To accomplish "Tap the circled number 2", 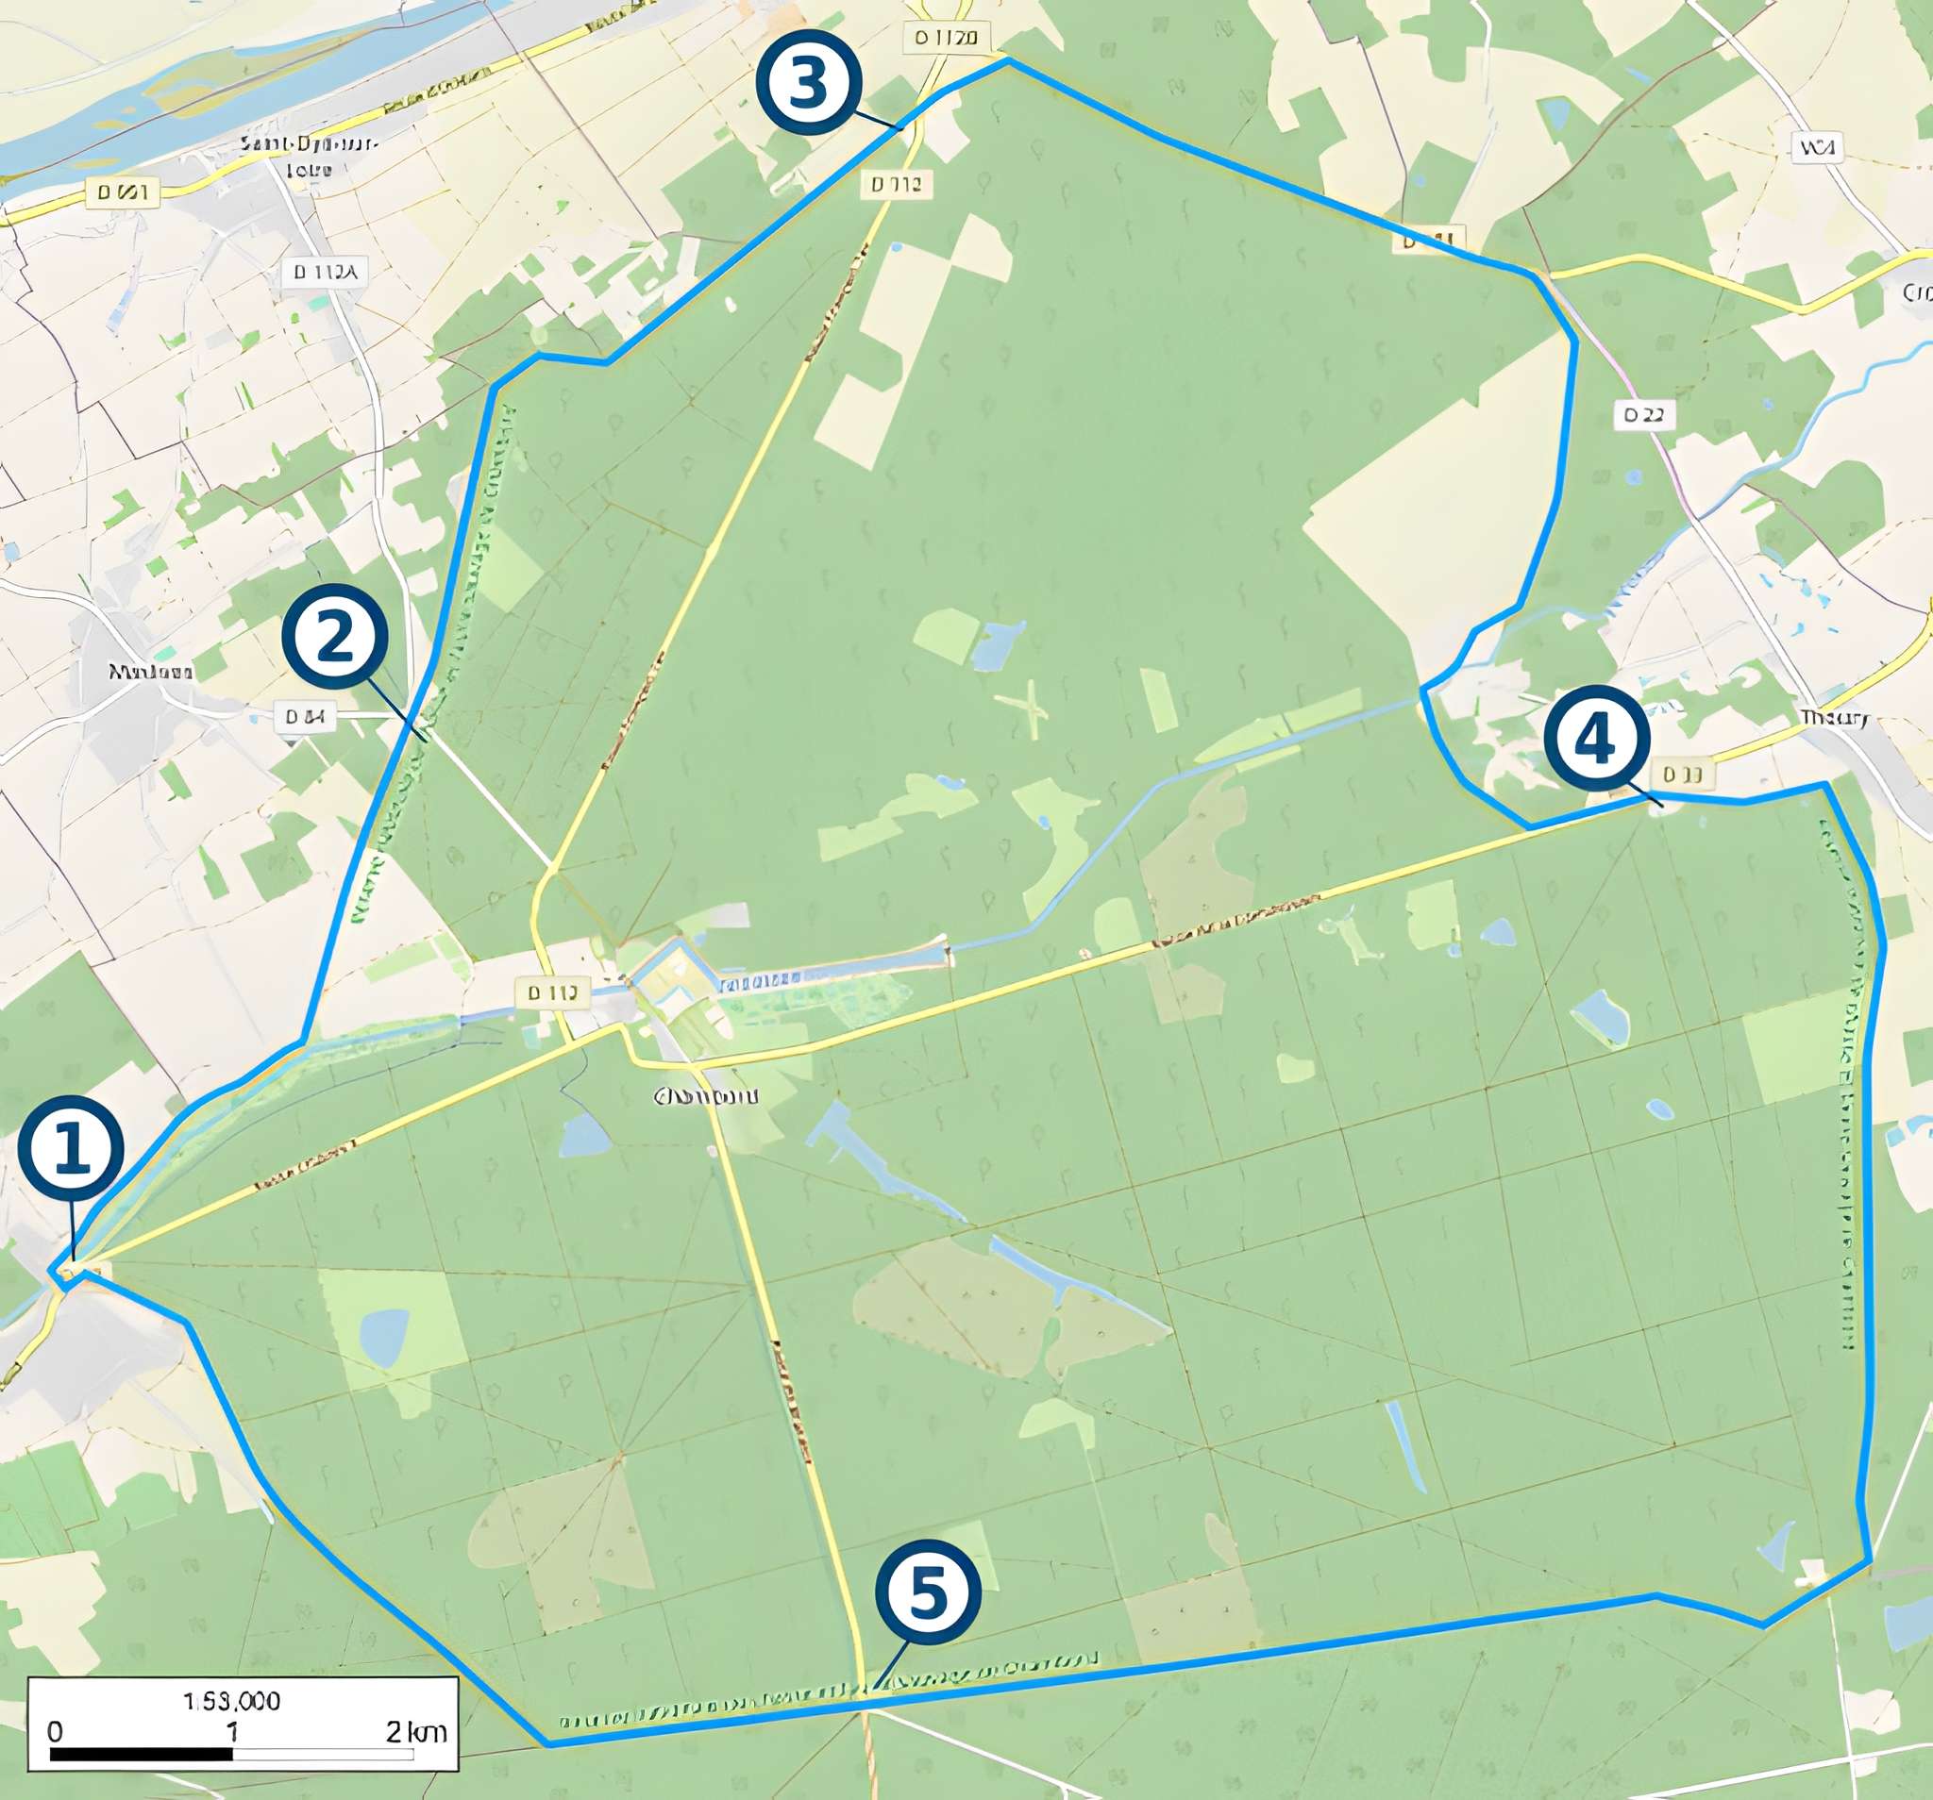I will (x=334, y=637).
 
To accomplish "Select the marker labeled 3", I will (x=809, y=83).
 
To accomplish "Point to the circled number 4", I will (x=1597, y=738).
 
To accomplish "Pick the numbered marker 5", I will (x=928, y=1592).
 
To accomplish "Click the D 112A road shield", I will (x=326, y=272).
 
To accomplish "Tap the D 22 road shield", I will (x=1643, y=415).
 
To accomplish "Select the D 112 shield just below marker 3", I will (x=896, y=184).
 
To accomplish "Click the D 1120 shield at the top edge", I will (x=945, y=38).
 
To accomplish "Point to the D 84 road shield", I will (x=304, y=716).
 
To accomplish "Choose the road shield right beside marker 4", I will (x=1681, y=775).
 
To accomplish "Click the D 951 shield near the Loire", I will (x=124, y=192).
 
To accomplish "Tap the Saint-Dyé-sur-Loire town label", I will (x=309, y=157).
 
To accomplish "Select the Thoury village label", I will (x=1834, y=718).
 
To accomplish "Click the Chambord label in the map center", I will (x=706, y=1096).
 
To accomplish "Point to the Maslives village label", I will (x=151, y=671).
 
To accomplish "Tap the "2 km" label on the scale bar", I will (x=415, y=1732).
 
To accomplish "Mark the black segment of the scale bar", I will (x=141, y=1755).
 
